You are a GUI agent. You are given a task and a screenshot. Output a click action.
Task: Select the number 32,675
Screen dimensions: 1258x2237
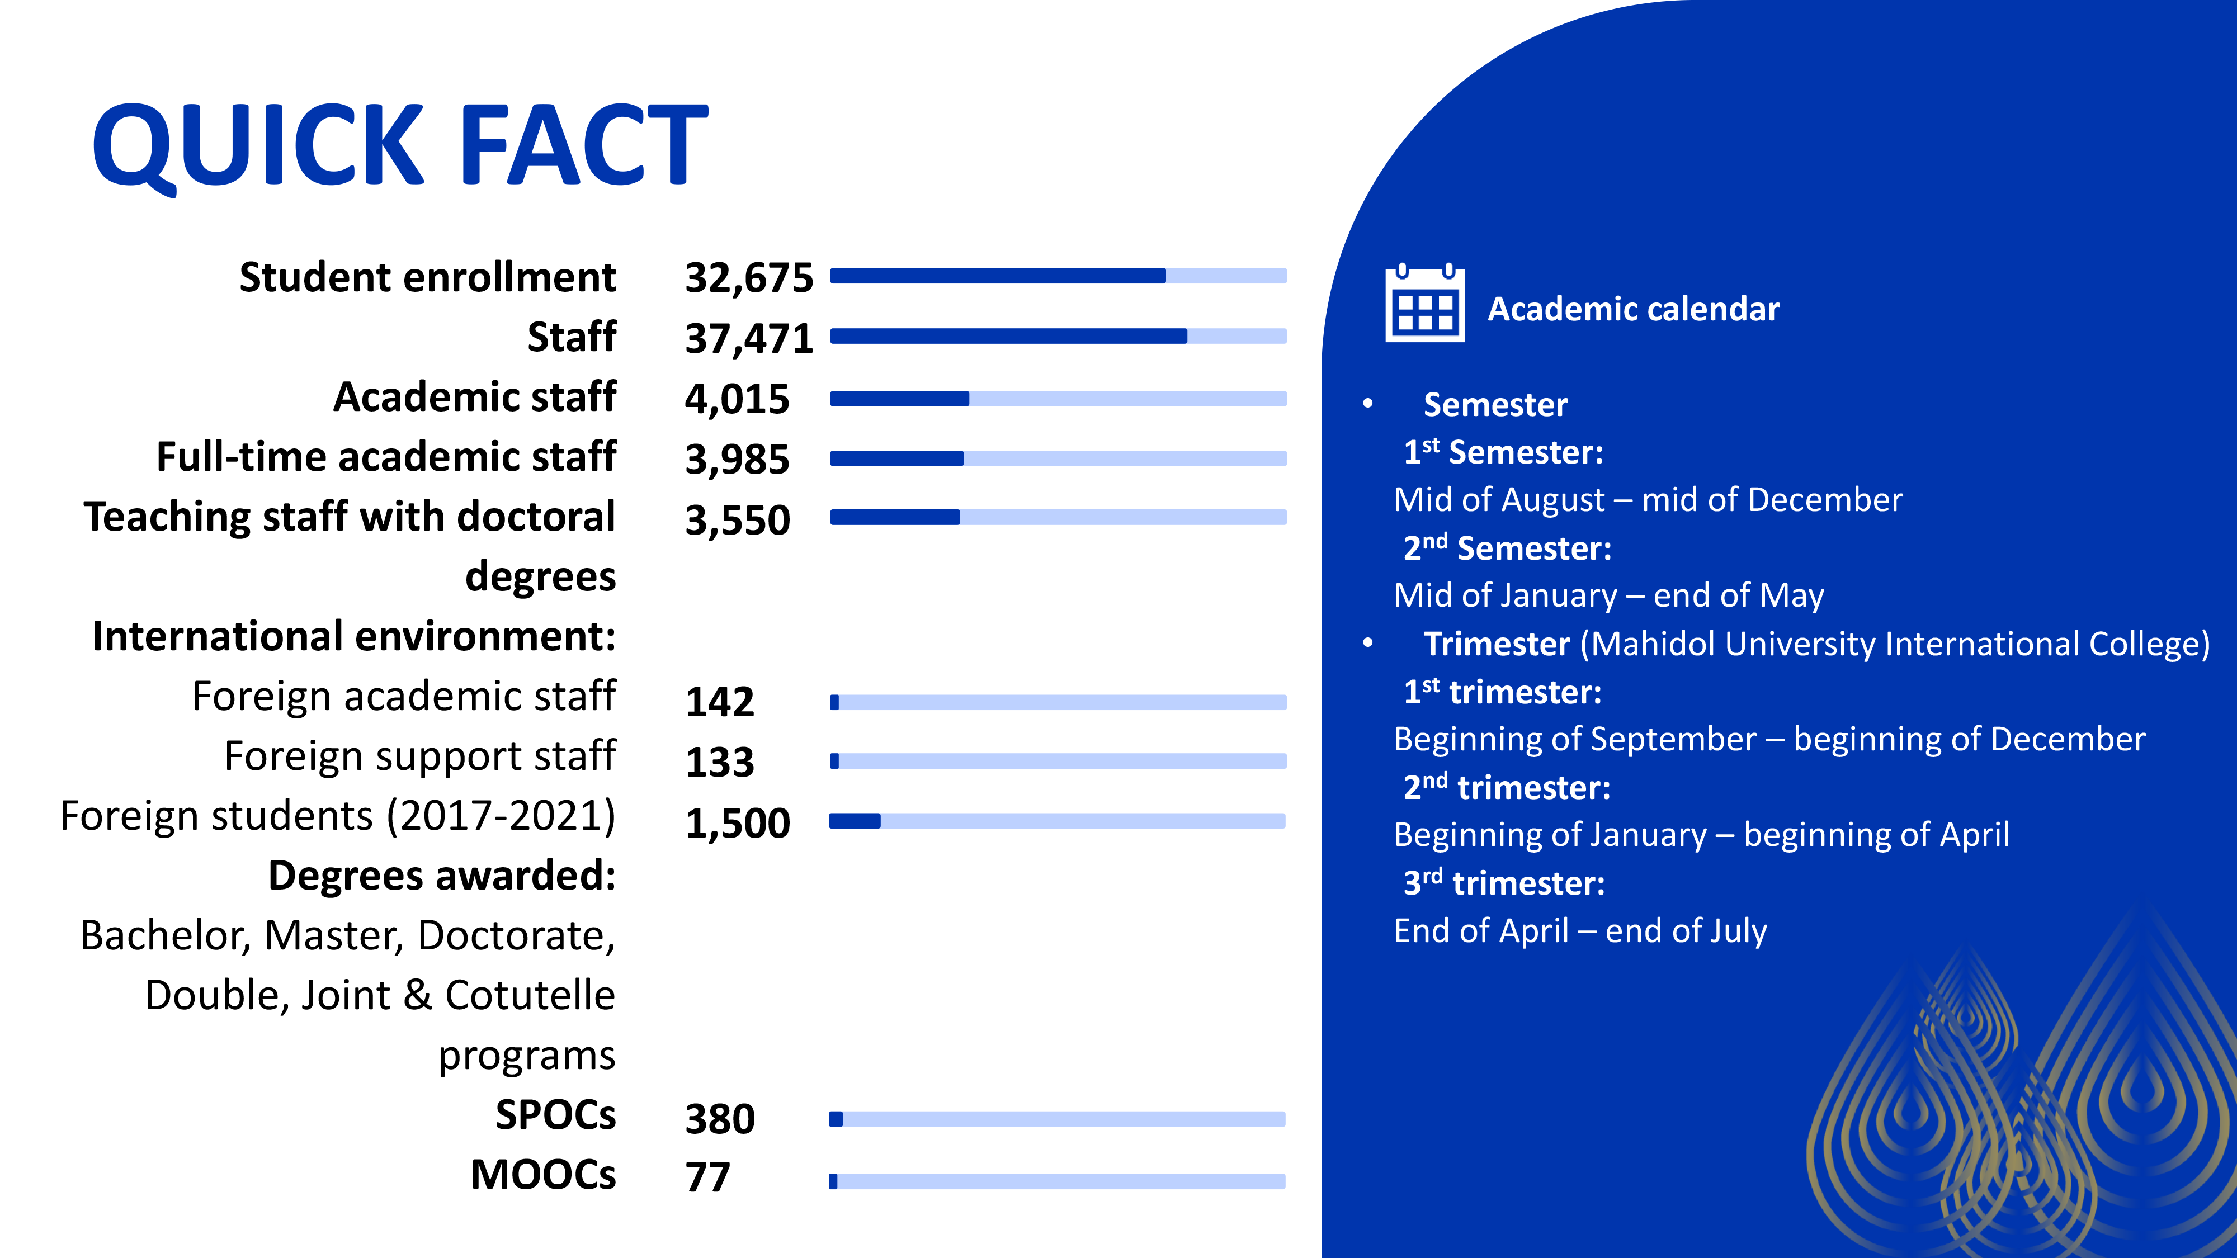coord(749,278)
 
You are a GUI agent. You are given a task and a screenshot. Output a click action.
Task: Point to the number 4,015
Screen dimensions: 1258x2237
coord(737,399)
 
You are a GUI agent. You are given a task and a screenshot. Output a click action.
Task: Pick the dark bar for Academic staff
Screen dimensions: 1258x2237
coord(900,399)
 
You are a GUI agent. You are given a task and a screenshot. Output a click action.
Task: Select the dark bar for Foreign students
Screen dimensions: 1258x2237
coord(856,820)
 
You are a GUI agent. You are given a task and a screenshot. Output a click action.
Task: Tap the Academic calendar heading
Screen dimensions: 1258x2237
coord(1634,309)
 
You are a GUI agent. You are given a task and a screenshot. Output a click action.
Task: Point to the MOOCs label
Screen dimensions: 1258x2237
coord(542,1175)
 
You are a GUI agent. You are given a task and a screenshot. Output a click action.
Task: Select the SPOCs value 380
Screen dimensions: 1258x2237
coord(720,1118)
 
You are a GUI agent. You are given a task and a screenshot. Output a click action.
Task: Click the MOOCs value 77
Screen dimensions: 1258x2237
coord(708,1178)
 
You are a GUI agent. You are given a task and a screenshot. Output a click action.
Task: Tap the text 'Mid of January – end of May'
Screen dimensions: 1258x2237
coord(1608,595)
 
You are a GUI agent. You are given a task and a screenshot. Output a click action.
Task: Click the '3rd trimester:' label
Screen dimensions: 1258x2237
coord(1504,883)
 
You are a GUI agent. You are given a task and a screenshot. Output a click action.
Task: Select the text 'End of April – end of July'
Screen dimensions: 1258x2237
coord(1580,931)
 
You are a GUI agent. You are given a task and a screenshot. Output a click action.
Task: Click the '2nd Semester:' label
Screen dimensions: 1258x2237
coord(1508,548)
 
